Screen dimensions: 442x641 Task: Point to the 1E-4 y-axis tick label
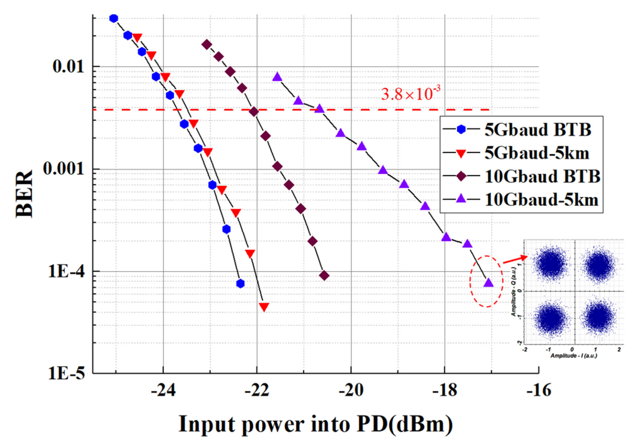66,272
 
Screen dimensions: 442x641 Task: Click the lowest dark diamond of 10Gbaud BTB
324,276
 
